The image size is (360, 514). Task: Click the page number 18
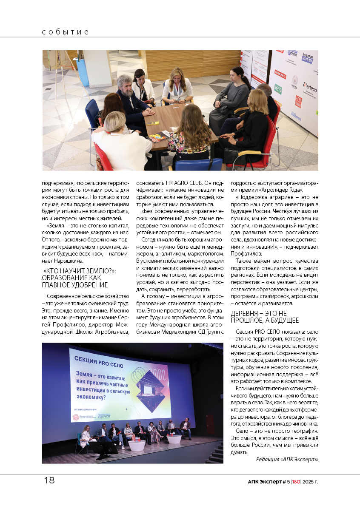point(49,480)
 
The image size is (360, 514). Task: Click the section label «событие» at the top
point(66,32)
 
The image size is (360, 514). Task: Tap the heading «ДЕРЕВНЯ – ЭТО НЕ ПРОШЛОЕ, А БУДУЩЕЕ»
point(264,317)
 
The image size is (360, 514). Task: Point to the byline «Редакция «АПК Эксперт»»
point(287,459)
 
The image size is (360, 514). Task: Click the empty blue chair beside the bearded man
point(92,111)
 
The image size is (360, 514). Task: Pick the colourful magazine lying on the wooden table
point(158,137)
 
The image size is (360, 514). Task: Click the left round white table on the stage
point(137,445)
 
